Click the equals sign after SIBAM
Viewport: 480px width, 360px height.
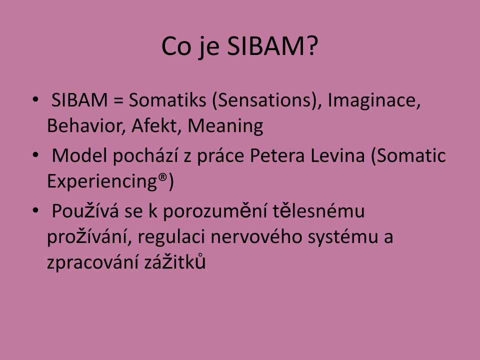click(x=118, y=101)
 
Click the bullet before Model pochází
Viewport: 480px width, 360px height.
click(x=35, y=155)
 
